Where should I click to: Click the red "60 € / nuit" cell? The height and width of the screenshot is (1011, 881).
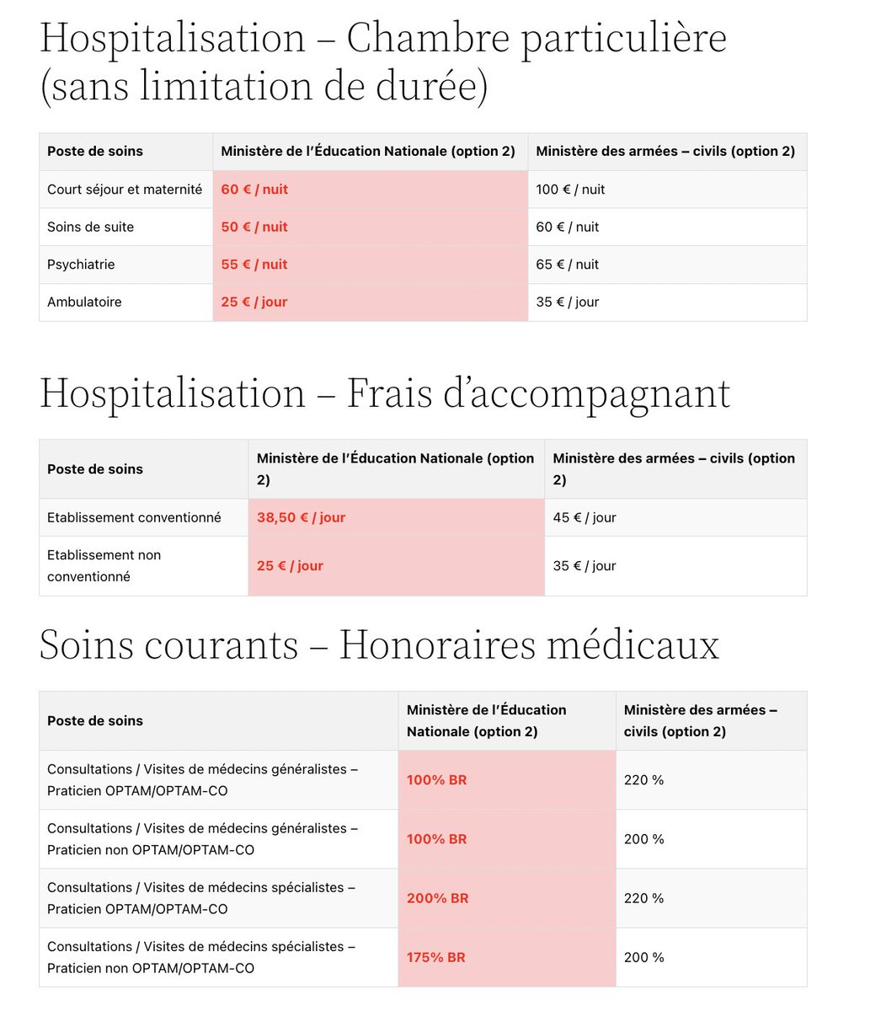click(x=254, y=190)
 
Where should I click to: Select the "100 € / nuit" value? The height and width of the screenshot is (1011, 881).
click(x=570, y=190)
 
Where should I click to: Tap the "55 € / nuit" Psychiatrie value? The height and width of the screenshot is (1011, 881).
click(x=254, y=265)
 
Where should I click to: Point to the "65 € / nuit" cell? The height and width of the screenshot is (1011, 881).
click(x=567, y=265)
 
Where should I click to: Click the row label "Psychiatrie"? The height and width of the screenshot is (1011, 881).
click(x=81, y=265)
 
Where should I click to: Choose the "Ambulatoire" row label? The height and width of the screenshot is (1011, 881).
click(x=84, y=302)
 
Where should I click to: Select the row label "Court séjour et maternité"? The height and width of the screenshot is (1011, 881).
click(x=125, y=190)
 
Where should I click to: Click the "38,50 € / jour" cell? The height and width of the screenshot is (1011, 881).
click(x=301, y=517)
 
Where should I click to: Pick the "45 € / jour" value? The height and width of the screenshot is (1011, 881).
click(x=584, y=517)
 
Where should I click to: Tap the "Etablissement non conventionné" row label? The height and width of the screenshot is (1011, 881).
click(x=104, y=565)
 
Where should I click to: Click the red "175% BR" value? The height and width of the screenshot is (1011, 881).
click(x=435, y=957)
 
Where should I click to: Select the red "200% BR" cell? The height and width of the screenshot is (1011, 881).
click(x=437, y=898)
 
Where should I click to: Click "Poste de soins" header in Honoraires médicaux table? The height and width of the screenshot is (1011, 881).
click(x=95, y=720)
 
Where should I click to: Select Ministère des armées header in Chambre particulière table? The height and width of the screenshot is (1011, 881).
click(x=665, y=152)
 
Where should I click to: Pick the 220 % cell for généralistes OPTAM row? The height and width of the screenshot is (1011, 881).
click(x=643, y=780)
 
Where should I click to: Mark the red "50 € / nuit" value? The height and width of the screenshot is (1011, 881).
click(x=254, y=227)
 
